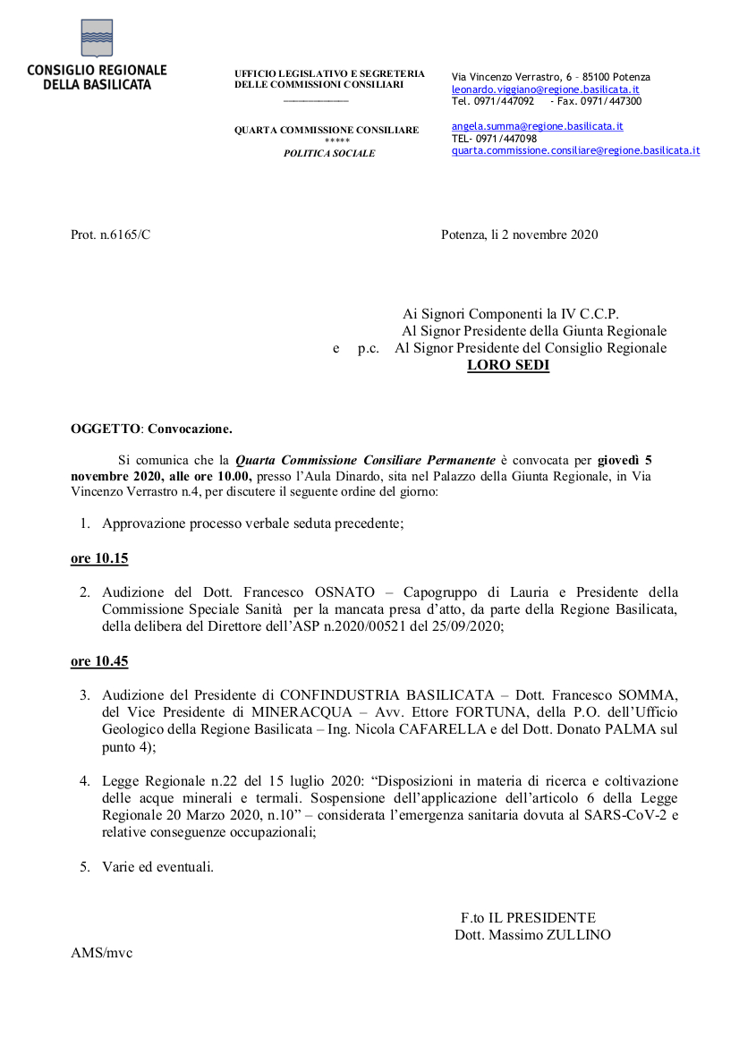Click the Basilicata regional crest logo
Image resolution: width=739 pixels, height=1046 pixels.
pyautogui.click(x=96, y=38)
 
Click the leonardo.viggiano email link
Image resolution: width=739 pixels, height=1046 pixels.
pyautogui.click(x=545, y=89)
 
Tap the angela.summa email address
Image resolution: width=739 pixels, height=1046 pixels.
pyautogui.click(x=537, y=127)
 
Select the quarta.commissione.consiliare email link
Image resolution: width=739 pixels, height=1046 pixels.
pyautogui.click(x=575, y=150)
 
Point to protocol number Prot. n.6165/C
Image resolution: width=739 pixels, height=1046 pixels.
pyautogui.click(x=111, y=234)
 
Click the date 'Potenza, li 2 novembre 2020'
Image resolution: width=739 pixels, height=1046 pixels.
pyautogui.click(x=519, y=234)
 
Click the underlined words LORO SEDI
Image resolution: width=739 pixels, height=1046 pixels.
pyautogui.click(x=508, y=365)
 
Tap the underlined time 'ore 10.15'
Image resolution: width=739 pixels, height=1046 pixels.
pyautogui.click(x=99, y=558)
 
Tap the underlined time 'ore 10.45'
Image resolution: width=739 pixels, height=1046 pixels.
pyautogui.click(x=99, y=661)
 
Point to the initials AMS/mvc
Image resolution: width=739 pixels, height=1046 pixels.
pyautogui.click(x=101, y=953)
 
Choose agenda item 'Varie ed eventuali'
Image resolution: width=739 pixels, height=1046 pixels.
pyautogui.click(x=157, y=866)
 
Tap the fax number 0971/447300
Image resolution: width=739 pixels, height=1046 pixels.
pyautogui.click(x=612, y=101)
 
